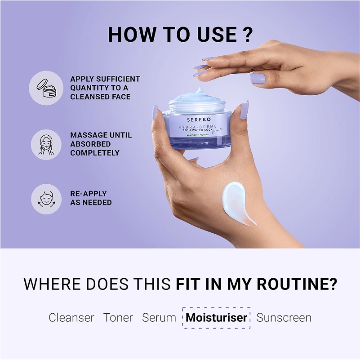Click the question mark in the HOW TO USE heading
click(246, 35)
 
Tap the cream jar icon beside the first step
click(46, 88)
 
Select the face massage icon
click(46, 144)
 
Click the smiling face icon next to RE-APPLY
click(46, 198)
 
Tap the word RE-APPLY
click(89, 194)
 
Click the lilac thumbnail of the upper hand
click(258, 79)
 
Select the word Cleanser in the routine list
click(71, 318)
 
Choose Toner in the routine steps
click(118, 318)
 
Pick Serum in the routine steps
click(159, 318)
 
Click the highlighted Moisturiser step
click(216, 318)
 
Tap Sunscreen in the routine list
click(284, 318)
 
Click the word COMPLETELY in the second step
click(95, 153)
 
